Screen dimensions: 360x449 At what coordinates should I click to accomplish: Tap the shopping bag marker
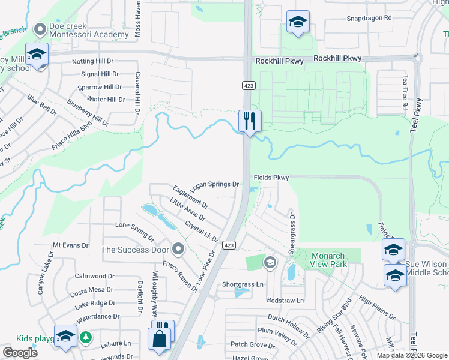[161, 338]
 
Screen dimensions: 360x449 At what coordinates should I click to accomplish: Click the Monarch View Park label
[328, 259]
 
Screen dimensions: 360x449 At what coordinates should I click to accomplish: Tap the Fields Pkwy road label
[271, 178]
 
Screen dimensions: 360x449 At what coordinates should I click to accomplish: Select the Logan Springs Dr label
[215, 185]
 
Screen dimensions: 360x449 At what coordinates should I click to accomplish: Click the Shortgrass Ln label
[243, 284]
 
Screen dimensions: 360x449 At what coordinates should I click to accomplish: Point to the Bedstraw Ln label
[285, 300]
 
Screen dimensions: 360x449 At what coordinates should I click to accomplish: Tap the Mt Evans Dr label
[71, 245]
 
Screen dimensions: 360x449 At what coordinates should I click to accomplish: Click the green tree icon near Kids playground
[86, 337]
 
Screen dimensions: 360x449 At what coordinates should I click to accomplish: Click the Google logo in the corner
[20, 353]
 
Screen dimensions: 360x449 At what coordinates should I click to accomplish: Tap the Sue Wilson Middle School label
[427, 268]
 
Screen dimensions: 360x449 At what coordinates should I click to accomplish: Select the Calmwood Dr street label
[94, 277]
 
